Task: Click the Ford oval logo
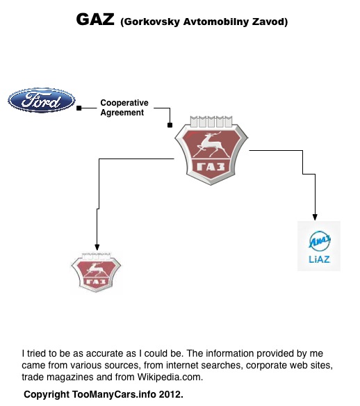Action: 42,100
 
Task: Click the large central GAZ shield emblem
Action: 211,150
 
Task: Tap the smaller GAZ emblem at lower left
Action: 96,272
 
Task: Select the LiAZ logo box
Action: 319,246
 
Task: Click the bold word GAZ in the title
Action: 95,19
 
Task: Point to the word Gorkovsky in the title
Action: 152,22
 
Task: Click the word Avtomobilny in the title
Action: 216,22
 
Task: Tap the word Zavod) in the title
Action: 270,22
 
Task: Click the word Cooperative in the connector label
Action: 124,103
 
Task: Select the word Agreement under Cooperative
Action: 122,113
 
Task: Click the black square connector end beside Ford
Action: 79,108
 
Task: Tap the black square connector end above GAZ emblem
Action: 170,125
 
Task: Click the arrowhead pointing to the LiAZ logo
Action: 315,217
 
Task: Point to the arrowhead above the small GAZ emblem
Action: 97,247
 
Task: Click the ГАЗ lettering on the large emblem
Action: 211,167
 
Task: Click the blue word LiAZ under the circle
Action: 319,259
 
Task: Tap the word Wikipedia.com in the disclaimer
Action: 170,377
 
